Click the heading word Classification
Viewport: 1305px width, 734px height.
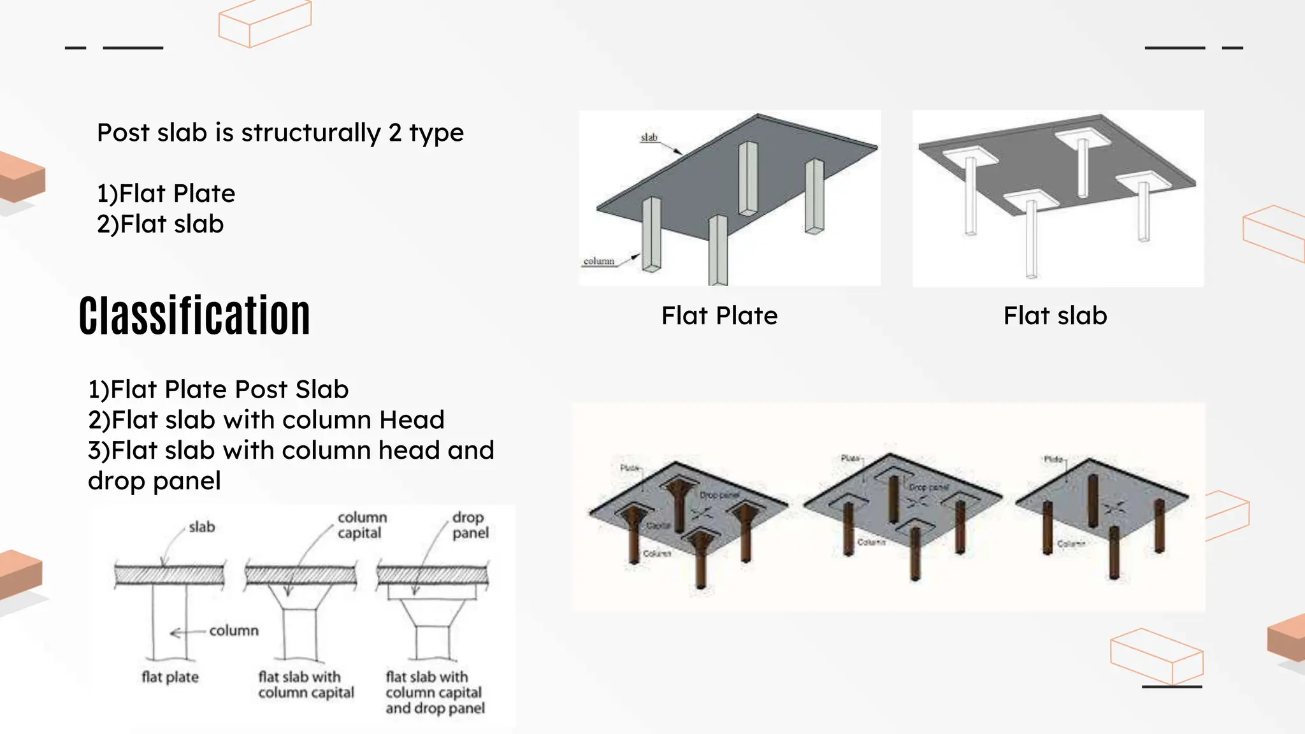tap(194, 316)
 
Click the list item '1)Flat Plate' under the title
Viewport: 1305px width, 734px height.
tap(166, 194)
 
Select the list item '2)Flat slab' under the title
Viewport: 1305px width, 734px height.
tap(160, 224)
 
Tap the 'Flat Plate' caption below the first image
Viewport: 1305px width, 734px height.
tap(719, 316)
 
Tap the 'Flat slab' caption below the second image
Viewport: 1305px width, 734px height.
tap(1055, 316)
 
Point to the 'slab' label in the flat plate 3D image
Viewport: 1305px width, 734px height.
tap(649, 137)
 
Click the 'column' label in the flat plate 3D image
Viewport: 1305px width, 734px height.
tap(598, 261)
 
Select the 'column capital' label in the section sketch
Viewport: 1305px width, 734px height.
tap(361, 525)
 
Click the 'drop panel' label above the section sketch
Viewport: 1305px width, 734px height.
tap(470, 525)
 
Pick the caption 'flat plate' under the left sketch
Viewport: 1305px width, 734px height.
tap(170, 677)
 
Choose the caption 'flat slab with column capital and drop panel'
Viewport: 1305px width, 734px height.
tap(435, 693)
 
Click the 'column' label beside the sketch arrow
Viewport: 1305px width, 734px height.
tap(234, 631)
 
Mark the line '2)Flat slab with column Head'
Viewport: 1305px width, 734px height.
tap(266, 420)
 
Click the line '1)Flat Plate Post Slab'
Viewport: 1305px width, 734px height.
tap(218, 389)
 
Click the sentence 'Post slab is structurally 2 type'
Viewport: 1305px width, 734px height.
tap(280, 133)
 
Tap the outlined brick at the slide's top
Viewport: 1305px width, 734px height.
tap(264, 24)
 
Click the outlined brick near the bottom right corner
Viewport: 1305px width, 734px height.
tap(1157, 656)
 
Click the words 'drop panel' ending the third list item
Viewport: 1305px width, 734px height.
tap(154, 481)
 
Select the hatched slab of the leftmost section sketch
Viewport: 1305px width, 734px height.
tap(169, 575)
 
